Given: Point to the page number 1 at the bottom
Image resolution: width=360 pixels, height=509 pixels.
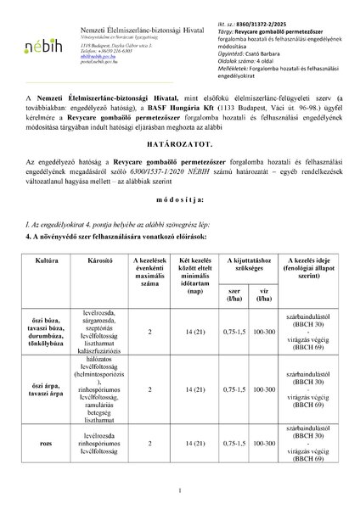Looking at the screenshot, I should click(181, 490).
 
